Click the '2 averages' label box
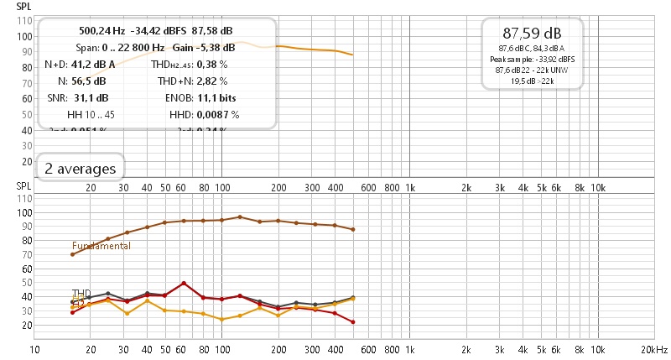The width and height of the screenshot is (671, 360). coord(81,169)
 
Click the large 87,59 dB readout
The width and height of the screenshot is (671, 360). coord(532,34)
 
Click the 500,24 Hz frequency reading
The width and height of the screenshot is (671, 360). coord(94,30)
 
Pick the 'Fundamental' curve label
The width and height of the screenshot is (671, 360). coord(101,246)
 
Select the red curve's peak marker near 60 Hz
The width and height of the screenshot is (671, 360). coord(184,284)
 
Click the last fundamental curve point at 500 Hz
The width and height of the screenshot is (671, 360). coord(352,229)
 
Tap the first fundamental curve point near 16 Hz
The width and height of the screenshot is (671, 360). coord(72,254)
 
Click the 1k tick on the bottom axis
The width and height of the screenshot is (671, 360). coord(409,347)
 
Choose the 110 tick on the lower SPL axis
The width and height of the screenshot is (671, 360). coord(24,199)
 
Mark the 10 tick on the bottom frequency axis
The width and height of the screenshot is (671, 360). coord(34,347)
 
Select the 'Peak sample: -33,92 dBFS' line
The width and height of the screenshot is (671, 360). coord(532,60)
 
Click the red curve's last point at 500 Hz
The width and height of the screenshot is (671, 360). coord(352,322)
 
